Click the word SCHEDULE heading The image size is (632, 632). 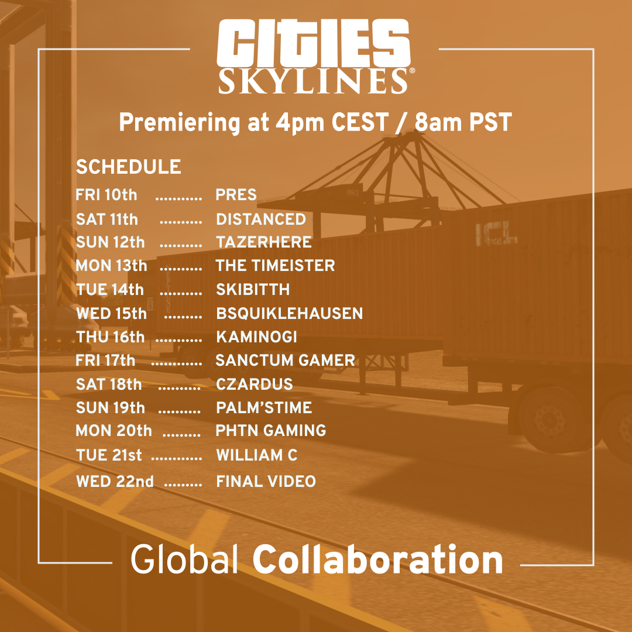point(129,167)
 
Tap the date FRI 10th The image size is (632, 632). point(107,195)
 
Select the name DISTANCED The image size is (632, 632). point(261,219)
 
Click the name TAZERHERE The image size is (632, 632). point(264,242)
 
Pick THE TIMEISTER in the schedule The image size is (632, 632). point(275,266)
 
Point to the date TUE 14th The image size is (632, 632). point(110,290)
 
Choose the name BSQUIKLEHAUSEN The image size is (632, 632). point(290,314)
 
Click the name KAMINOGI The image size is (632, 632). point(257,337)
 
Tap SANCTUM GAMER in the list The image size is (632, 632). point(286,360)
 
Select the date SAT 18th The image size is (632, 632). point(109,384)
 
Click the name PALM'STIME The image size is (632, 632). point(264,407)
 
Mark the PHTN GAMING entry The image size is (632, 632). point(271,431)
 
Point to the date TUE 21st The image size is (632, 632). point(109,455)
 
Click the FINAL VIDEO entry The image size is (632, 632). point(266,482)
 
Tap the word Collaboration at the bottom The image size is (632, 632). point(377,560)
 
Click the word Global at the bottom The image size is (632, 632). point(184,559)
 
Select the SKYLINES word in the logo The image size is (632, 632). point(313,81)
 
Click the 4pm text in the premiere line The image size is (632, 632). point(300,122)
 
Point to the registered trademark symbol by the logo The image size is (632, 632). point(412,71)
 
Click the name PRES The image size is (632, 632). point(236,195)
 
